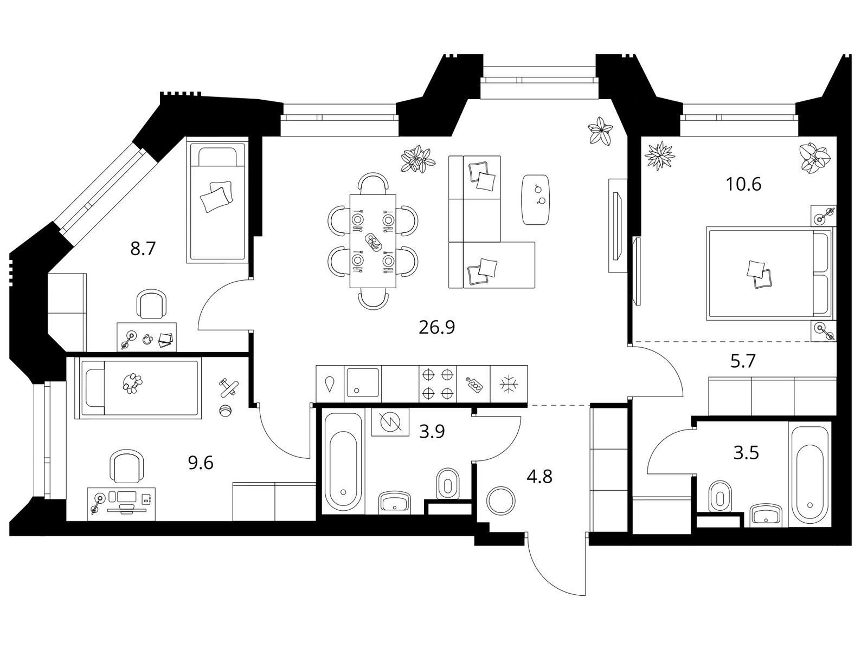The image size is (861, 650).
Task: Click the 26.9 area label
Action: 436,328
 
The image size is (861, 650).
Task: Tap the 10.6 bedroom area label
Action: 743,184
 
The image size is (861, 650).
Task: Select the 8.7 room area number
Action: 143,249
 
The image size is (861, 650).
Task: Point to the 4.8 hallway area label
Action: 539,477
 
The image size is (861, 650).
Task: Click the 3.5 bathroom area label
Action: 746,453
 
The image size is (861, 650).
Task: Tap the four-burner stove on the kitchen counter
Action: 438,383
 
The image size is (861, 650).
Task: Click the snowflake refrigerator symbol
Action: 509,384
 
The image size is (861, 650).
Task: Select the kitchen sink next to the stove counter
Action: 362,383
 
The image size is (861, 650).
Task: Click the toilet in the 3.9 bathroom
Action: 447,483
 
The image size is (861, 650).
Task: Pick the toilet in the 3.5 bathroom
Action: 720,496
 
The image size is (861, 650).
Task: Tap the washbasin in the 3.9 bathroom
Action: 395,503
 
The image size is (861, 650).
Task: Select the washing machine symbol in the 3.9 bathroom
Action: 390,421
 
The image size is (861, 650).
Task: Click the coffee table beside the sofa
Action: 535,200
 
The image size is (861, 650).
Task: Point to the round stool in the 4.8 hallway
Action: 500,500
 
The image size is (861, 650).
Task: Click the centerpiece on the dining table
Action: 373,242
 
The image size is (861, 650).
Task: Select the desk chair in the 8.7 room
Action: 151,304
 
